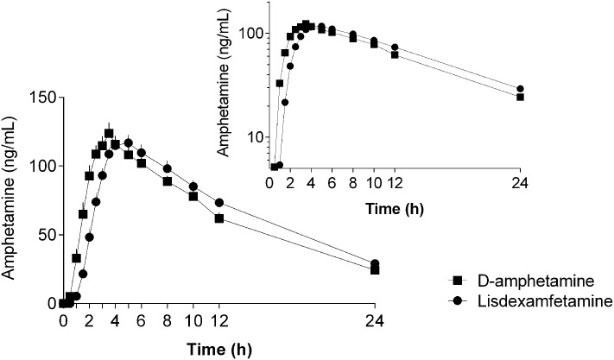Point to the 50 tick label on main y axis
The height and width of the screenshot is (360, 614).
point(42,235)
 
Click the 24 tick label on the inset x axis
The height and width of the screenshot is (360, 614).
point(520,183)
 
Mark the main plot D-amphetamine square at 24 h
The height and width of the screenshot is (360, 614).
point(375,269)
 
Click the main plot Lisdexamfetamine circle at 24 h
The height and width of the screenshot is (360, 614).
point(375,263)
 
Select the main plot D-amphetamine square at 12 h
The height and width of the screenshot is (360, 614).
point(219,218)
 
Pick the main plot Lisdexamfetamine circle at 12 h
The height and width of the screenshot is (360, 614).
point(219,203)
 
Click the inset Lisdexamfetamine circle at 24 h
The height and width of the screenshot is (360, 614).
point(520,89)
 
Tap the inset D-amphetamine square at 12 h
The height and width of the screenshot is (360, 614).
point(395,54)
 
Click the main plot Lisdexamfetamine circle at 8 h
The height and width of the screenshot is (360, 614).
point(168,168)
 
